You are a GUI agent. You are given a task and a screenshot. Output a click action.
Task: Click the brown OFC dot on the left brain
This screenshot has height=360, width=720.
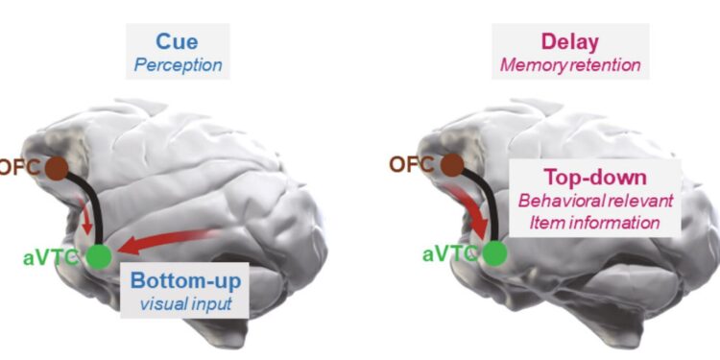57,168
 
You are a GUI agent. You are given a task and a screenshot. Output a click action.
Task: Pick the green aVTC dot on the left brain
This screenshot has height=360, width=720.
98,255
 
